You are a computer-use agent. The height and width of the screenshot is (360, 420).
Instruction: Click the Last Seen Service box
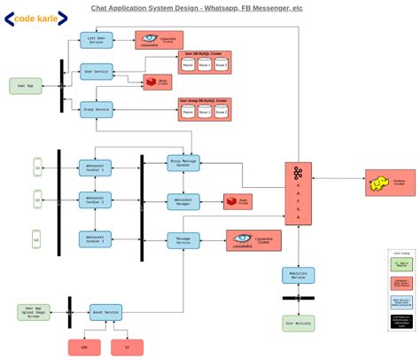pyautogui.click(x=96, y=40)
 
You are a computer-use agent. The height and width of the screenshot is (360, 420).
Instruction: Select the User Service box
pyautogui.click(x=96, y=71)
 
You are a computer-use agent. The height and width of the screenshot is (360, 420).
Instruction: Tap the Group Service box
pyautogui.click(x=96, y=109)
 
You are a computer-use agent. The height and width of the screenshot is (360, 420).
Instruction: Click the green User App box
pyautogui.click(x=26, y=86)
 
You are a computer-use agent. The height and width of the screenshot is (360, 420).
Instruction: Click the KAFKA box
pyautogui.click(x=299, y=194)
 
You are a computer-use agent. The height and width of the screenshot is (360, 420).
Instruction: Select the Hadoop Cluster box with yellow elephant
pyautogui.click(x=390, y=183)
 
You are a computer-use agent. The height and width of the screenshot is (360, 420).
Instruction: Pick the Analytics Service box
pyautogui.click(x=299, y=276)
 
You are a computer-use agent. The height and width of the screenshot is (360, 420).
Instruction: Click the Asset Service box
pyautogui.click(x=105, y=312)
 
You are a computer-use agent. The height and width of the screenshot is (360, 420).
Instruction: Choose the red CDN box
pyautogui.click(x=84, y=348)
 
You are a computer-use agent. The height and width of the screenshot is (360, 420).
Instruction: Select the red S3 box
pyautogui.click(x=128, y=348)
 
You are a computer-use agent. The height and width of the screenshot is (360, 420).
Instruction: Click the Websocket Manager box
pyautogui.click(x=183, y=202)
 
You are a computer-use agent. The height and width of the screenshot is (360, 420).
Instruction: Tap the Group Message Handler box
pyautogui.click(x=183, y=162)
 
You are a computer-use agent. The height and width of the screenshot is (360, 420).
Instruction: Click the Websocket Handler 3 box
pyautogui.click(x=96, y=239)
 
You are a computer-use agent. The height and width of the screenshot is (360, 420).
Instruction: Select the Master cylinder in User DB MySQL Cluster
pyautogui.click(x=188, y=64)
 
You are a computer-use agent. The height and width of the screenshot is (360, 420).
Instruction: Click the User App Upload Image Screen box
pyautogui.click(x=34, y=312)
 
